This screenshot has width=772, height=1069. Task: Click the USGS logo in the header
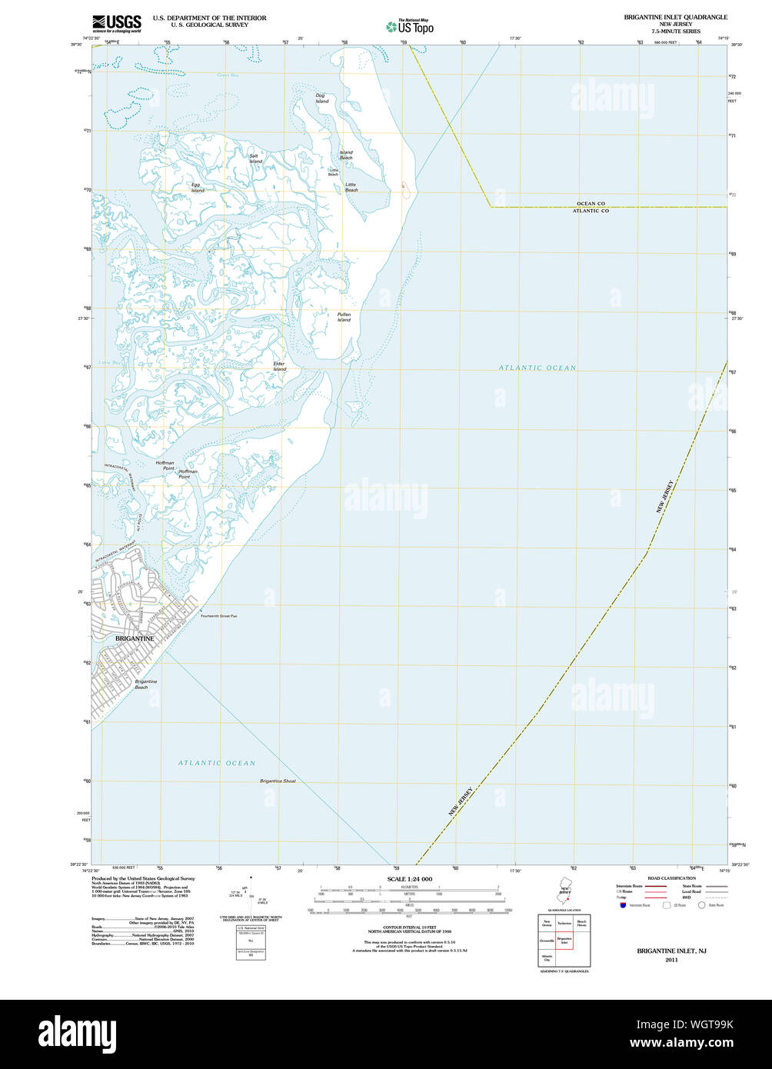pos(116,23)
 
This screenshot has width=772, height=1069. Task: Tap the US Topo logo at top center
pos(410,26)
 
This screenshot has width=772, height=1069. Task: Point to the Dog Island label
pos(321,98)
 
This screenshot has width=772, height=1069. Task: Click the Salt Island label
pos(255,158)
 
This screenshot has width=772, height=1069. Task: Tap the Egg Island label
pos(197,187)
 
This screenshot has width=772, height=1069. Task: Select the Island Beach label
pos(346,155)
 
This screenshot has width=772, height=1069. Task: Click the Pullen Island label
pos(344,317)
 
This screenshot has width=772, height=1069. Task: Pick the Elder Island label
pos(279,366)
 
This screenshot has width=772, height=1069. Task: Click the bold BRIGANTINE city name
pos(135,638)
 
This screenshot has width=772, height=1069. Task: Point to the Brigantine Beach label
pos(146,684)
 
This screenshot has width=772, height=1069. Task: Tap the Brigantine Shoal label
pos(278,781)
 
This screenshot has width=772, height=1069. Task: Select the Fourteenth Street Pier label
pos(219,616)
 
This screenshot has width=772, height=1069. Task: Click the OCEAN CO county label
pos(591,204)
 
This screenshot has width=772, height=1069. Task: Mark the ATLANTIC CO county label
pos(591,211)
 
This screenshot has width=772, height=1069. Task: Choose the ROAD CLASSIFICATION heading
pos(671,878)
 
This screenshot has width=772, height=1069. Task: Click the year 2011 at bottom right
pos(671,960)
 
